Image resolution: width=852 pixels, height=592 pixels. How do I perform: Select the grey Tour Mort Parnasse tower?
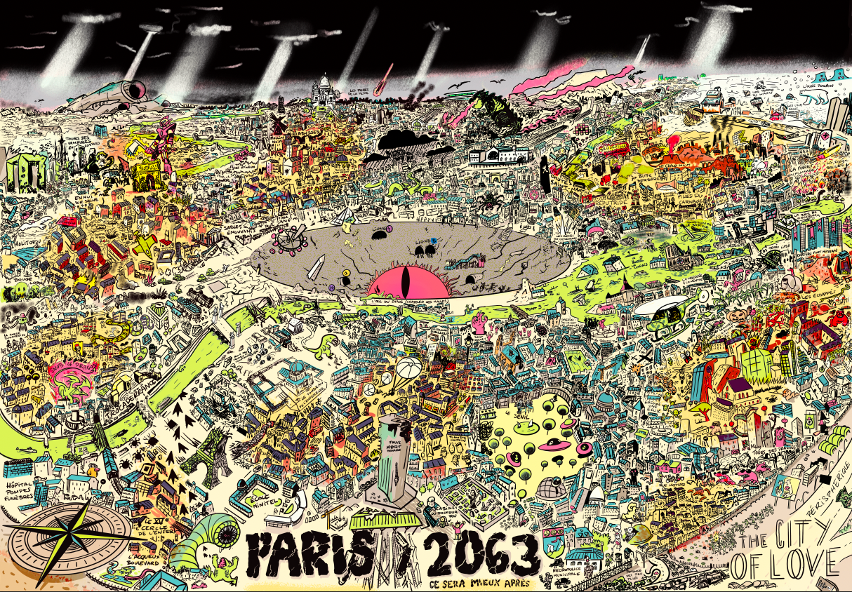click(392, 456)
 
